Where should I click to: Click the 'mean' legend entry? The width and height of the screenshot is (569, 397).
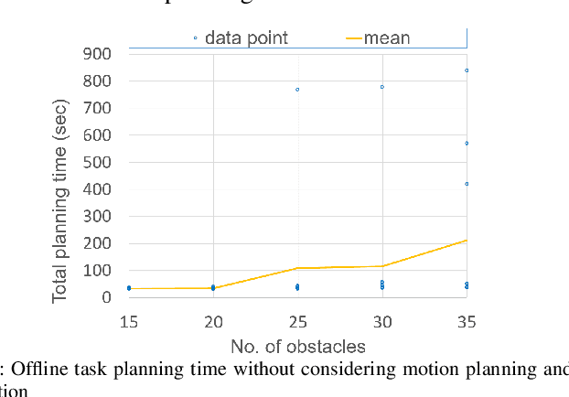[x=387, y=38]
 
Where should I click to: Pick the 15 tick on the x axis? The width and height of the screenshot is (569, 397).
[x=129, y=322]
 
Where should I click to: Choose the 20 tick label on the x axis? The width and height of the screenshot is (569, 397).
[x=213, y=322]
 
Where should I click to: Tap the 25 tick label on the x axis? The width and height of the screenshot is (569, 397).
[x=297, y=322]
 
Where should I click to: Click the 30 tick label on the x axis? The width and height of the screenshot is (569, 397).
[x=382, y=322]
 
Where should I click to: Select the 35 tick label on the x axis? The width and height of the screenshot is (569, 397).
[x=467, y=322]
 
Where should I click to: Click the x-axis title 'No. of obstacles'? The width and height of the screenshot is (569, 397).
[x=297, y=347]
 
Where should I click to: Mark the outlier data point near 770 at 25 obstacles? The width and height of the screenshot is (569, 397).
[x=297, y=90]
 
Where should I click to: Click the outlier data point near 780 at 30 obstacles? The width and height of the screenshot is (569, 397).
[x=382, y=87]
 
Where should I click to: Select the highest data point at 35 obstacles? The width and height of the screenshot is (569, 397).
[x=467, y=70]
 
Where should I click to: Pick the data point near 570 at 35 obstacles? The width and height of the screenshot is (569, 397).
[x=467, y=144]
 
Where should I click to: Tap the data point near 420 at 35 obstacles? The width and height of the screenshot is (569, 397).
[x=467, y=184]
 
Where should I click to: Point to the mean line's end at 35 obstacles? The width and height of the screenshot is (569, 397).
[x=467, y=241]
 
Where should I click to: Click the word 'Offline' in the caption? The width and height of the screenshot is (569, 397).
[x=38, y=370]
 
